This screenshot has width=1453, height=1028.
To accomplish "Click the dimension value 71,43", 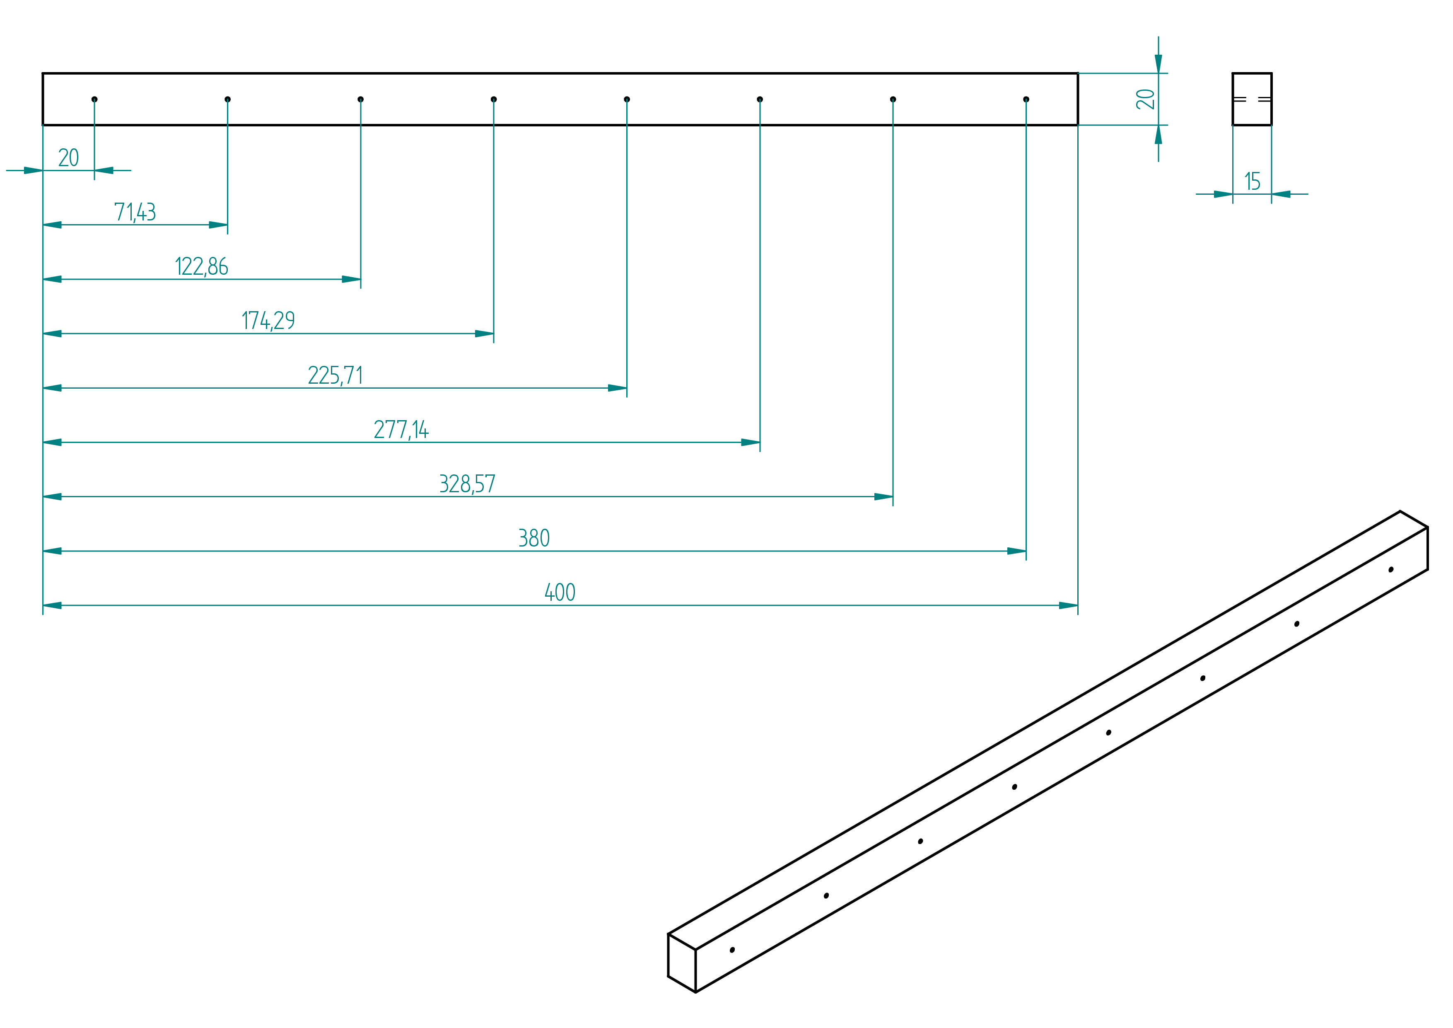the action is click(135, 212).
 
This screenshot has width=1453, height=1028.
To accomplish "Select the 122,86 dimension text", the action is click(201, 266).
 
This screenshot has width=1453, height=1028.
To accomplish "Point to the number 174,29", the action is click(268, 321).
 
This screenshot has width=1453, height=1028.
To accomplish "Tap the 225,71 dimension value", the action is click(335, 375).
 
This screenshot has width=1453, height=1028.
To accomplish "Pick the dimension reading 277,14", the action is click(401, 430).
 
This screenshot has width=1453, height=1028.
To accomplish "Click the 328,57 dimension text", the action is click(468, 484).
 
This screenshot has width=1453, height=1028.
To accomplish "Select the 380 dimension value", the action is click(534, 538).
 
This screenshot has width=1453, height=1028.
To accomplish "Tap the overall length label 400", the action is click(560, 593).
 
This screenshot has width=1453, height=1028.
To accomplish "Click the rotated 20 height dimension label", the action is click(1145, 99).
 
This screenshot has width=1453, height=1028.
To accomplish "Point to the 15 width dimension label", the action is click(1253, 181).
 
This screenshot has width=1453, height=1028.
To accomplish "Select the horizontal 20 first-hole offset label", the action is click(68, 157).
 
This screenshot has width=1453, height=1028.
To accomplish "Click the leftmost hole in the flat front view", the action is click(94, 99).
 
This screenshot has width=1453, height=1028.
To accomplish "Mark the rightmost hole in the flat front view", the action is click(1026, 99).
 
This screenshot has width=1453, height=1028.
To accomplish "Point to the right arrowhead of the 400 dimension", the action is click(1068, 606).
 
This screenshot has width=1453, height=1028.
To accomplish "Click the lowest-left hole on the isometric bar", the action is click(732, 950).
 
